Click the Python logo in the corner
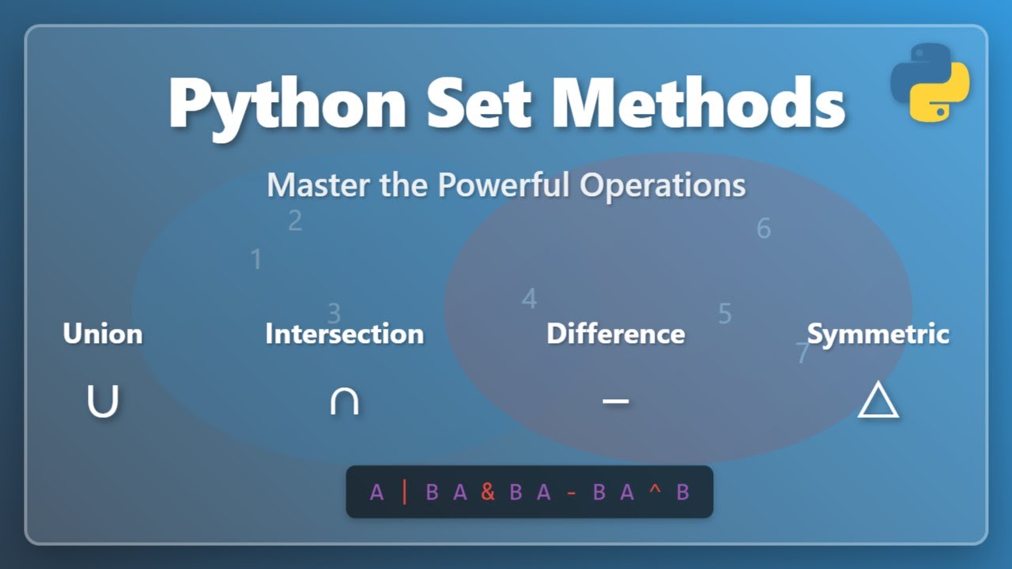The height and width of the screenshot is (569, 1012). point(930,83)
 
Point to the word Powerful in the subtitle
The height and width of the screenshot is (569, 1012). point(505,185)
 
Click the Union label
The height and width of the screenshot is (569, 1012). point(103,333)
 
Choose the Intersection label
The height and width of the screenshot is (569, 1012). point(344,333)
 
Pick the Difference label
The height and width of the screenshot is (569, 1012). point(615,333)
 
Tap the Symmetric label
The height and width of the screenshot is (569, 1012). point(878,333)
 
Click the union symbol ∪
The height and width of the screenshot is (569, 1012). point(103,401)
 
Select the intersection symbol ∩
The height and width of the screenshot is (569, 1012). point(344,401)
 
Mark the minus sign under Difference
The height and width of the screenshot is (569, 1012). point(615,401)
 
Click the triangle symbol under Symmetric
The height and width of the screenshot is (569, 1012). point(878,401)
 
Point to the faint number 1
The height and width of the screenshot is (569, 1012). point(255,259)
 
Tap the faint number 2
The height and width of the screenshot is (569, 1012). point(295,221)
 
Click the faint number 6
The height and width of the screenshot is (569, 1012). point(763,228)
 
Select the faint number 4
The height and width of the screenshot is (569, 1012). point(529,299)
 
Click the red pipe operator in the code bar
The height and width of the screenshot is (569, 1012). point(405,492)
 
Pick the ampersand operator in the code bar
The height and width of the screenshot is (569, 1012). point(488,492)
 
